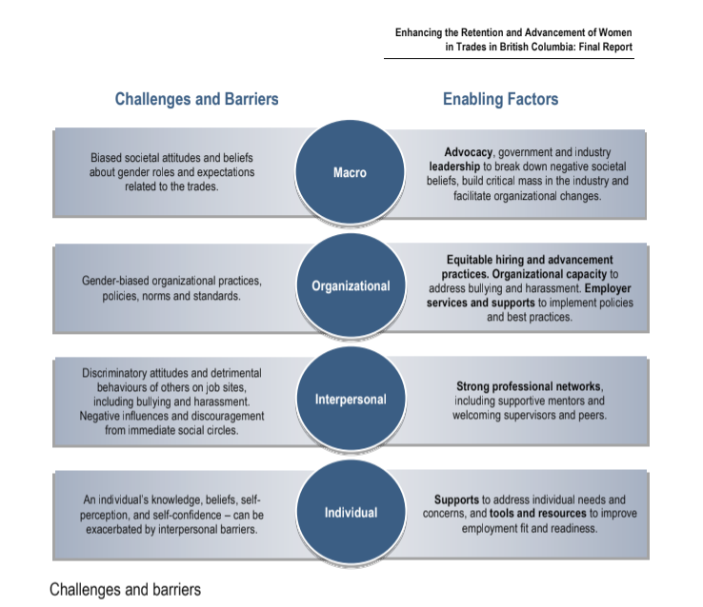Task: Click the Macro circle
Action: point(350,172)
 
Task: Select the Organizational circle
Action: point(350,285)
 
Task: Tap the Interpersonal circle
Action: point(350,399)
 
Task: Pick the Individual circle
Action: point(350,512)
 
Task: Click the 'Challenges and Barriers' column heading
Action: point(196,99)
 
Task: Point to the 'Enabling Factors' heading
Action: point(500,99)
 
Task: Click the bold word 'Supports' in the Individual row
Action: point(458,499)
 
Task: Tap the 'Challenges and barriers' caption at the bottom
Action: point(125,589)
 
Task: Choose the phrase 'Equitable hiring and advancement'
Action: point(530,260)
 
